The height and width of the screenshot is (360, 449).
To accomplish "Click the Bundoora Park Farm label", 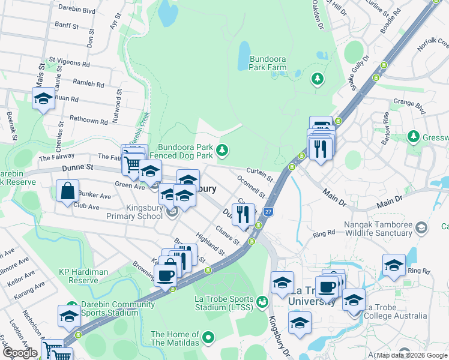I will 268,64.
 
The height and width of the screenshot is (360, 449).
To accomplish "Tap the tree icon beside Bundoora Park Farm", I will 316,79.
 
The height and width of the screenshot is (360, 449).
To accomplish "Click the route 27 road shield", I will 269,212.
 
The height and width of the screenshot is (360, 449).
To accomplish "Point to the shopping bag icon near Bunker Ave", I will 68,190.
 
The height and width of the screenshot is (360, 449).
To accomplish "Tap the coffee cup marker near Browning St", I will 164,275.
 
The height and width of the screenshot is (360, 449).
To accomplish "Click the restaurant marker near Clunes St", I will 243,214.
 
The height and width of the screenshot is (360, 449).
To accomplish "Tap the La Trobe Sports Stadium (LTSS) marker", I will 261,302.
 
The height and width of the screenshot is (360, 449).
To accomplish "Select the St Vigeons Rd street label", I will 70,63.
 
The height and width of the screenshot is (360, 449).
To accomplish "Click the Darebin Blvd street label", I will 77,10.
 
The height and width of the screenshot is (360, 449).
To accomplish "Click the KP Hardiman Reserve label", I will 83,276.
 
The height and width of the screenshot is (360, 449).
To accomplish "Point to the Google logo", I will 20,353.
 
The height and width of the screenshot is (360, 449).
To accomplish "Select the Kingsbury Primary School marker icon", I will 173,212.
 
